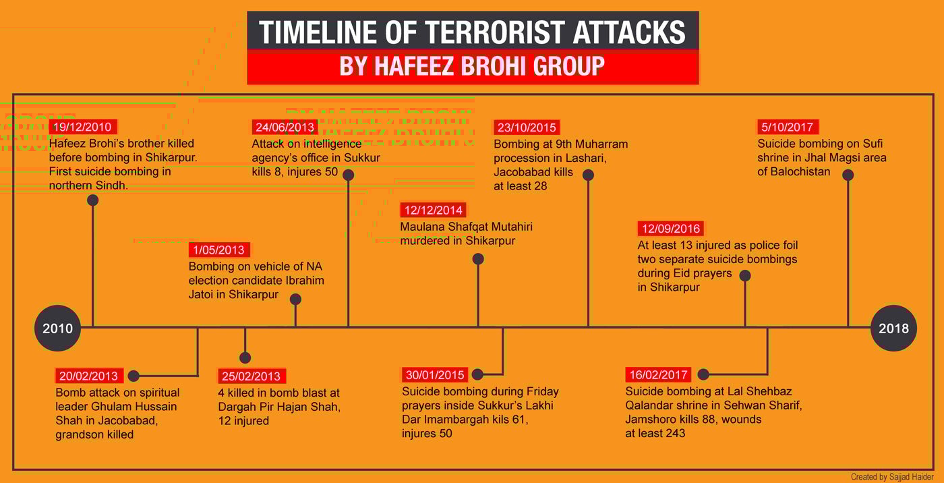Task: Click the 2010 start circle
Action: pyautogui.click(x=58, y=328)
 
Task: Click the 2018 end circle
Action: pyautogui.click(x=893, y=328)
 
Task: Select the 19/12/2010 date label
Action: pyautogui.click(x=83, y=127)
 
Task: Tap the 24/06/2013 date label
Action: pyautogui.click(x=285, y=127)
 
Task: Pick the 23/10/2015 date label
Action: pyautogui.click(x=527, y=127)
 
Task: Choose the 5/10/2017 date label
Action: pyautogui.click(x=788, y=127)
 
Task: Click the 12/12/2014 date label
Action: pyautogui.click(x=433, y=210)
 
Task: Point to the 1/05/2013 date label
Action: pyautogui.click(x=219, y=250)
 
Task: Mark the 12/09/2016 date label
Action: pyautogui.click(x=670, y=229)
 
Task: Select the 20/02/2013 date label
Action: pyautogui.click(x=89, y=376)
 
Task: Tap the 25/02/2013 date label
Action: pyautogui.click(x=252, y=376)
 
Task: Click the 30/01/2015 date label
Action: pyautogui.click(x=435, y=374)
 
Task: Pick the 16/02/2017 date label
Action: pyautogui.click(x=658, y=374)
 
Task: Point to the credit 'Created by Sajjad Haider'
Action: pyautogui.click(x=891, y=477)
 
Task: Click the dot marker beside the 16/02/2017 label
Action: pyautogui.click(x=703, y=374)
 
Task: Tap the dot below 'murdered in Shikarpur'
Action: pyautogui.click(x=478, y=259)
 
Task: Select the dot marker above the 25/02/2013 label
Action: pyautogui.click(x=245, y=358)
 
